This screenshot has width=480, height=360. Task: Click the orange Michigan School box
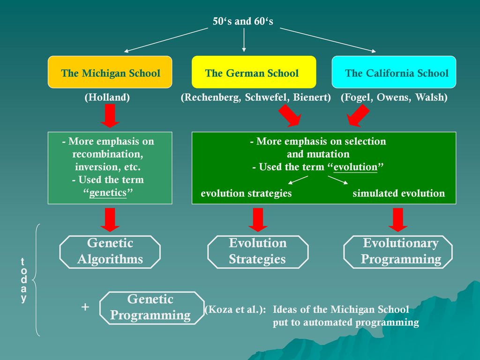[110, 72]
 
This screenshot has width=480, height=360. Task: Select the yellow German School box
[254, 72]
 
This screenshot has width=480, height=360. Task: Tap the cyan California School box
[394, 72]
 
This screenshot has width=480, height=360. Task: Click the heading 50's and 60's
[243, 21]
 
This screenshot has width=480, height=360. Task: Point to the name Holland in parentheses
[107, 97]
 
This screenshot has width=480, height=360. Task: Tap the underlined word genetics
[108, 193]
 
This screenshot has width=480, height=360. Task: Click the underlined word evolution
[355, 167]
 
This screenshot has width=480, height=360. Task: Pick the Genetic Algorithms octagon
[110, 251]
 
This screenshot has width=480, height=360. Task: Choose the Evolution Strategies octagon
[257, 251]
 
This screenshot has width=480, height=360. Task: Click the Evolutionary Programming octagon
[398, 251]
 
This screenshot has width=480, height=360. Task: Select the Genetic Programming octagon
[150, 307]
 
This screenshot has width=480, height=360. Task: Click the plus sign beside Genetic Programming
[85, 307]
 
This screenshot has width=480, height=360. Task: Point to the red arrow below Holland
[110, 116]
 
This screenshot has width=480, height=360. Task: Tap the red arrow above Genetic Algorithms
[110, 219]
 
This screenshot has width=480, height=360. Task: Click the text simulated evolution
[398, 194]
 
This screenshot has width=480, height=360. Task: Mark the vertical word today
[23, 280]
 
